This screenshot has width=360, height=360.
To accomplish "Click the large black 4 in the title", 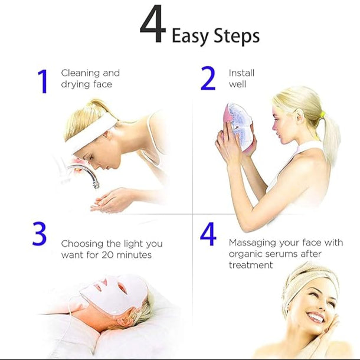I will (x=153, y=25).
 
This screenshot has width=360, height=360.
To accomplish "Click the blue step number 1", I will (x=42, y=81).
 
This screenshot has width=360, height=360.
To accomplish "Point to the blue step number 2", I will (x=208, y=78).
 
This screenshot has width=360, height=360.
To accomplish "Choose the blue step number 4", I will (x=208, y=234).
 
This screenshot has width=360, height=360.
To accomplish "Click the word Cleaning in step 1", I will (x=81, y=73).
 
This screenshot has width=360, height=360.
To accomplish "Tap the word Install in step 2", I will (x=241, y=73).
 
